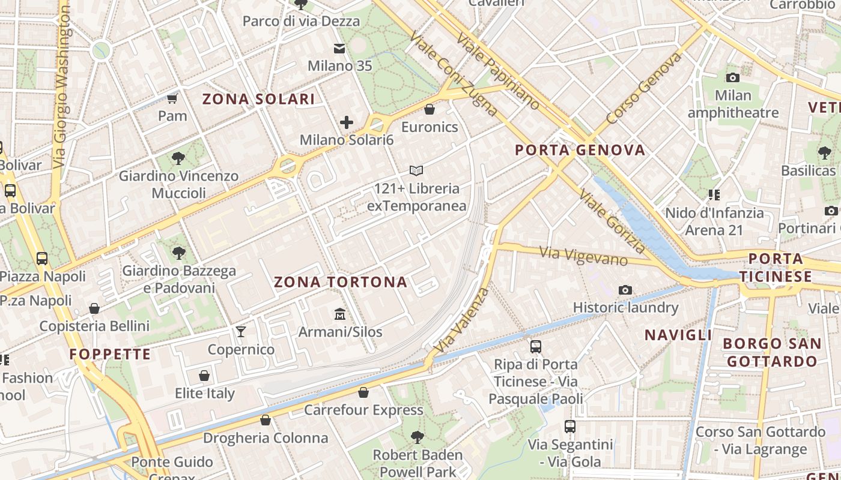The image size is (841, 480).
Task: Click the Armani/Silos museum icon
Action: (340, 314)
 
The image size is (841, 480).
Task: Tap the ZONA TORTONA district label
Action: (341, 282)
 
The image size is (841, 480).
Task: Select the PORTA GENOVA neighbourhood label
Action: (580, 150)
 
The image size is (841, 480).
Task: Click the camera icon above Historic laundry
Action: (625, 290)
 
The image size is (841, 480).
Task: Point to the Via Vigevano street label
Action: (583, 256)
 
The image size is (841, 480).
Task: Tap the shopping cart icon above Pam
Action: (172, 98)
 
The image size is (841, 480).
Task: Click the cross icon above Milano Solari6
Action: (347, 122)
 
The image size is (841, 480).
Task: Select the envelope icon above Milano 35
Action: (340, 49)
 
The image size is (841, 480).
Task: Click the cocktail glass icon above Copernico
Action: (241, 332)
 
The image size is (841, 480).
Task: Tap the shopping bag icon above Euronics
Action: (430, 109)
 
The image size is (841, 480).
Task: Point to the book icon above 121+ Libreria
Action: (416, 171)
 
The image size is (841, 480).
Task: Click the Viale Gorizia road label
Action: (612, 220)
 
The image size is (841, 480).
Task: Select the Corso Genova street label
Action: (644, 88)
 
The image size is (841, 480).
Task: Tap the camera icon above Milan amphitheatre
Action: (733, 77)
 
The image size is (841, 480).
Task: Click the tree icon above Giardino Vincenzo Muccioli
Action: (178, 158)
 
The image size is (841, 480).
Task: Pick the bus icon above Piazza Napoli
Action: (42, 259)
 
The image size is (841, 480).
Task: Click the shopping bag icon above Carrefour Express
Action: (363, 392)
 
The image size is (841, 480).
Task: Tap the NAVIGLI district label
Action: (678, 335)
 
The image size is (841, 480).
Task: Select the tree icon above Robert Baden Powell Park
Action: (417, 437)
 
